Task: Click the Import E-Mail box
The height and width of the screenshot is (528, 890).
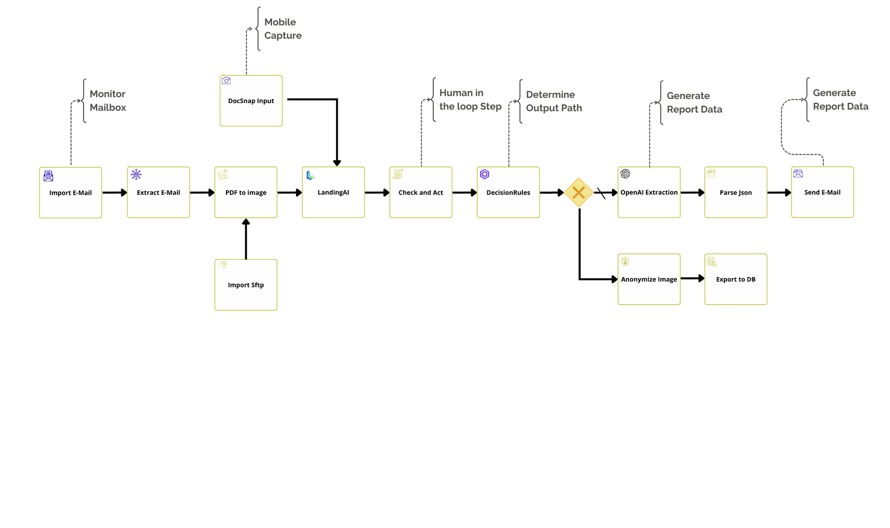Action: [x=71, y=193]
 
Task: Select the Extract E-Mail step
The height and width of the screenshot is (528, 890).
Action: [x=159, y=193]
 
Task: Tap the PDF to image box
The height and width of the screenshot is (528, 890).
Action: [x=246, y=193]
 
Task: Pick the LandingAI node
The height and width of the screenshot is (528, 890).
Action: [x=333, y=193]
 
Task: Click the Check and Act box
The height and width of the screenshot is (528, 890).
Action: [x=421, y=193]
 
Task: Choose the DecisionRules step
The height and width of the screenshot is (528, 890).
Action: [x=508, y=193]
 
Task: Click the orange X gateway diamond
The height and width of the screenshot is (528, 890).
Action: [x=578, y=193]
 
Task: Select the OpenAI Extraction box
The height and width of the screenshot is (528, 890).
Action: [x=649, y=193]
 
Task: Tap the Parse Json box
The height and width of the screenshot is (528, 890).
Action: [x=736, y=193]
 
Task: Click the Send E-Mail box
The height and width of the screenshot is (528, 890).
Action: [x=822, y=193]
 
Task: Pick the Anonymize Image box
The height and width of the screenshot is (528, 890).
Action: [x=649, y=279]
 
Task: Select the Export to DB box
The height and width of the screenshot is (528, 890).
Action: [x=736, y=279]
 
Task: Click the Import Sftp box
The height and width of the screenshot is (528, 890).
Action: [x=246, y=285]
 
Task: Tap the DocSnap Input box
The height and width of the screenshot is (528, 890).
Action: [x=251, y=101]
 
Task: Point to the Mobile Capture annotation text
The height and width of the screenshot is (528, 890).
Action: [x=283, y=29]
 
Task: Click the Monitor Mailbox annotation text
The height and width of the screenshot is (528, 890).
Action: [x=108, y=101]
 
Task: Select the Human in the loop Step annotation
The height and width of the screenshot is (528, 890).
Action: [x=470, y=100]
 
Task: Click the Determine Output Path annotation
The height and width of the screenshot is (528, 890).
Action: [x=554, y=101]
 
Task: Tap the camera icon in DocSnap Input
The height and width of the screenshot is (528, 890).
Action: [x=226, y=81]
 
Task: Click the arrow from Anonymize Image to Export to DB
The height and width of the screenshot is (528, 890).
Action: [x=693, y=278]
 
